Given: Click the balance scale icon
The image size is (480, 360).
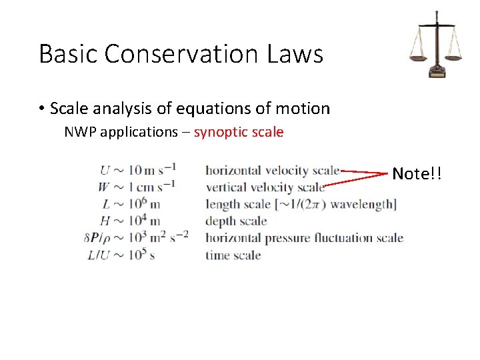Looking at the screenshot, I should tap(436, 44).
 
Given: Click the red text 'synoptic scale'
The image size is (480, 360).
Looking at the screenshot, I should tap(239, 132).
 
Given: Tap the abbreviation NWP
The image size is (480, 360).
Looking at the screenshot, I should tap(79, 132).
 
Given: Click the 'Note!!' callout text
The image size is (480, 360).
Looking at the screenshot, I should tap(417, 174).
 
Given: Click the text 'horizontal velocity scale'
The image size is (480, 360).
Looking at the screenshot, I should tap(272, 171).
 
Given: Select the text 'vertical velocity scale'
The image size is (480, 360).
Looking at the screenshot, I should tap(265, 187).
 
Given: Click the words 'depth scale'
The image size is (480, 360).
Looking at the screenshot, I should tap(236, 221).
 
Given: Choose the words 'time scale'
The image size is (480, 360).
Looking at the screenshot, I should tap(233, 255).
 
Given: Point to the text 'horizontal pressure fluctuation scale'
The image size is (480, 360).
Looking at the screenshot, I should tap(304, 238).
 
